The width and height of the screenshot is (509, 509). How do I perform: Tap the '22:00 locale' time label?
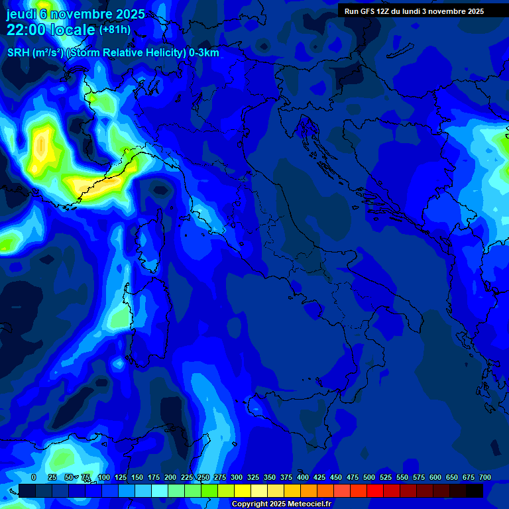[51, 30]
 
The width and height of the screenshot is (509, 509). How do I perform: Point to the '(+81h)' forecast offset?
[115, 30]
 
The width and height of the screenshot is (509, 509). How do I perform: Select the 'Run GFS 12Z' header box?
[414, 11]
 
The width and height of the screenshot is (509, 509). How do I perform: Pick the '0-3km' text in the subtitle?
[203, 53]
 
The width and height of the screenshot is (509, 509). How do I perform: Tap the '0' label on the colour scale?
[34, 478]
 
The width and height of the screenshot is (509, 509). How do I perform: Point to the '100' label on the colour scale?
[103, 478]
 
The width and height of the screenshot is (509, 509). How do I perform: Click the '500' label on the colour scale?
[369, 478]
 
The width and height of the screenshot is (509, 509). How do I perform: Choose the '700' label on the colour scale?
[485, 478]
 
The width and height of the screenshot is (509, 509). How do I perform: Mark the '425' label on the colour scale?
[319, 478]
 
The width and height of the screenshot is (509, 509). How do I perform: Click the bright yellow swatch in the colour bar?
[243, 490]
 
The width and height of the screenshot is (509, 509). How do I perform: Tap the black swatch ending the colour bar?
[475, 490]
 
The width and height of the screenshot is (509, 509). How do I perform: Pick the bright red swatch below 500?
[375, 490]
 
